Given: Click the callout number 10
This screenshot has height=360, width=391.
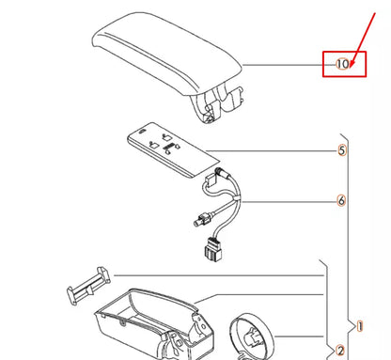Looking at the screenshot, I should pyautogui.click(x=343, y=64).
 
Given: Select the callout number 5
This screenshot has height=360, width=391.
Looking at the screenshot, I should pyautogui.click(x=343, y=150).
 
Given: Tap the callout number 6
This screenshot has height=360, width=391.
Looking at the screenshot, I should pyautogui.click(x=343, y=200).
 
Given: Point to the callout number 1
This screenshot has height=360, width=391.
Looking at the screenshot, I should pyautogui.click(x=359, y=326).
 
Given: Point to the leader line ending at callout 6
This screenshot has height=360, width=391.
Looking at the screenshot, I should pyautogui.click(x=291, y=200).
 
